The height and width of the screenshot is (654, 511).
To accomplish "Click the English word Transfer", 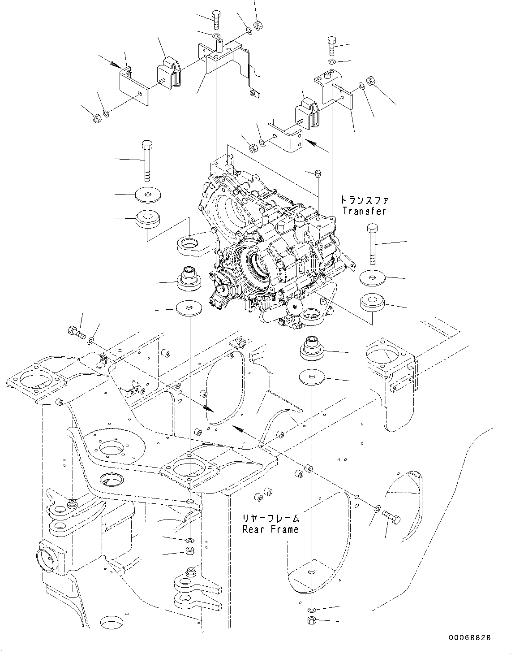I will coord(364,211).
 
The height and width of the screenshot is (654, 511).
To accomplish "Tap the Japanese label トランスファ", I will coord(364,200).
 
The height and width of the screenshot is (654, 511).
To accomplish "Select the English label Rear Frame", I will coord(271,529).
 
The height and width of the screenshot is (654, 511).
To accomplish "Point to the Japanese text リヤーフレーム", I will coord(271,519).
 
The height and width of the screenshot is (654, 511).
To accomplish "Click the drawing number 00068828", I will coord(468,637).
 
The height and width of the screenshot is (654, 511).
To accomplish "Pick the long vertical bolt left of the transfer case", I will coord(147,160).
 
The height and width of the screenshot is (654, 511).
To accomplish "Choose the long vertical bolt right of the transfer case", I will coord(372,245).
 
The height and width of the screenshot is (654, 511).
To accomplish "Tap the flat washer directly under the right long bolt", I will coord(372,278).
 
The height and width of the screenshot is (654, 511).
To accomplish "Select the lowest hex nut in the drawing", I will coord(311,621).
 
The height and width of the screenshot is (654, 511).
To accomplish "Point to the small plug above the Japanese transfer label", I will coord(317,172).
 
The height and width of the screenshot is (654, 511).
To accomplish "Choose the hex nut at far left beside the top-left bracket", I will coord(96,119).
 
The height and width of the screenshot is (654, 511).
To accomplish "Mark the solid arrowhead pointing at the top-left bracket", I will coord(115,65).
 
